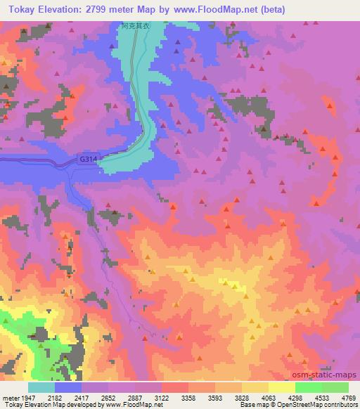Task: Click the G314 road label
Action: [x=88, y=160]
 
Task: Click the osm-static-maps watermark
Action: [x=329, y=375]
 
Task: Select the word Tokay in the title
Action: [x=20, y=9]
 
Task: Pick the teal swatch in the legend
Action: [x=41, y=387]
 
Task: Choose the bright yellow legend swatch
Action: [x=282, y=387]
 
